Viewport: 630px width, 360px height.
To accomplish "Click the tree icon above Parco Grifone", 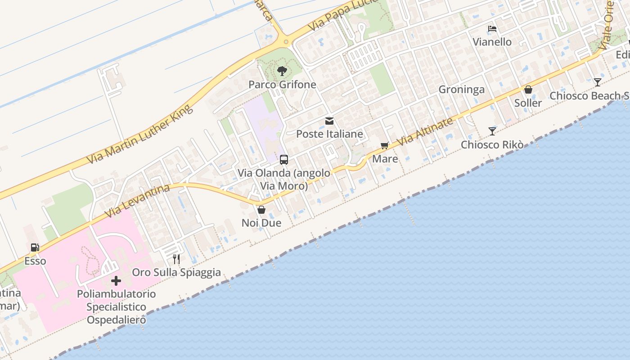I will [x=282, y=71].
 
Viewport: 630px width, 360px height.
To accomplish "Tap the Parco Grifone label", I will [x=282, y=85].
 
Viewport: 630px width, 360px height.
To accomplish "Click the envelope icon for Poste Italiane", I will [x=329, y=121].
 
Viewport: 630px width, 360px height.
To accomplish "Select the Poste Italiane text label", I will [x=329, y=134].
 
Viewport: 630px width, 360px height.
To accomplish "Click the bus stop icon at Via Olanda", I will [x=284, y=160].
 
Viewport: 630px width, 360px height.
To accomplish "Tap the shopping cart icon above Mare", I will [x=384, y=145].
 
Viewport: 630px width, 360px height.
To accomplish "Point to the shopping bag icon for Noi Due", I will [x=261, y=210].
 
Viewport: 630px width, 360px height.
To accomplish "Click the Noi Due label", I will [x=261, y=223].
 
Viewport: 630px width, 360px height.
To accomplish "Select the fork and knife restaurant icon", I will [x=176, y=259].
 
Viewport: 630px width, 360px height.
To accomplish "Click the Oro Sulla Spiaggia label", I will [x=176, y=272].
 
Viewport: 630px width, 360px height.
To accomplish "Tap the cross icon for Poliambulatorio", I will [x=116, y=281].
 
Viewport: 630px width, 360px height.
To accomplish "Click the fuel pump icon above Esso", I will [x=35, y=247].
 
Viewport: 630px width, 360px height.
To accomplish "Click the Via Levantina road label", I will [x=137, y=201].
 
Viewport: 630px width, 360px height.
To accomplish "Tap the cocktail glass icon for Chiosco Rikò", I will [x=492, y=131].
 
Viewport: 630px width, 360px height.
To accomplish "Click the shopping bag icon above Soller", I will [x=528, y=90].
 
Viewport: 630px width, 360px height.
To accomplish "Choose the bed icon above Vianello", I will [x=492, y=29].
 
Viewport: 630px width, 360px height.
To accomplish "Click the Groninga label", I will [x=462, y=90].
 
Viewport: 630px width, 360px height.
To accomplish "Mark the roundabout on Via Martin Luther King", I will [x=286, y=42].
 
